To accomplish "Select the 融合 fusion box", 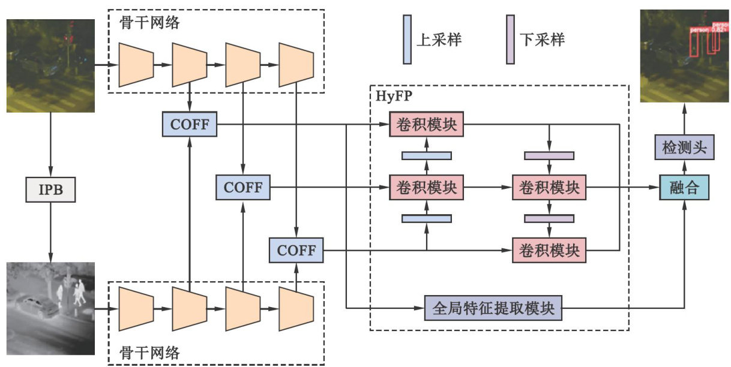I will [x=684, y=188].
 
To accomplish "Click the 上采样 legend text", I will [x=439, y=40].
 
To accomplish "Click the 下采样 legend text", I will [x=542, y=40].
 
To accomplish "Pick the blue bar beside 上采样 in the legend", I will [x=408, y=39].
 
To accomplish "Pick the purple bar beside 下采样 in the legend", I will [x=511, y=39].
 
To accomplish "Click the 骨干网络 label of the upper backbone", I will [x=148, y=23].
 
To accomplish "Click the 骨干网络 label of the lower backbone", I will [x=148, y=353].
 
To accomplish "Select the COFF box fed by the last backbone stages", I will [x=296, y=249].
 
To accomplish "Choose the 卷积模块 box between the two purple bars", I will [x=549, y=188].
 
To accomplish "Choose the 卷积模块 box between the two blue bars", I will [x=426, y=188].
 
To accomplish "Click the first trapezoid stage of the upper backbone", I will [x=136, y=64].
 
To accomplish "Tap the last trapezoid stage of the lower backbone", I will [x=296, y=309].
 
